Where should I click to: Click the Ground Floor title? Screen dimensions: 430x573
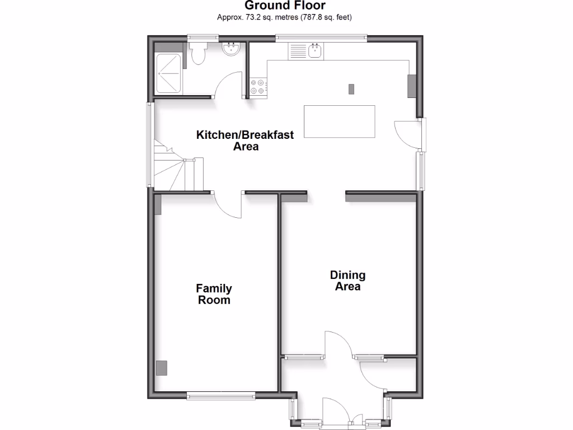coord(285,6)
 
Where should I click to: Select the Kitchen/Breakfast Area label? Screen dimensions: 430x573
coord(245,141)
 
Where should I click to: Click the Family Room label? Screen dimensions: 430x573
coord(214,294)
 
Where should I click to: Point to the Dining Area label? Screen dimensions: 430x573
coord(347,281)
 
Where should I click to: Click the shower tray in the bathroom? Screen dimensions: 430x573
coord(168,73)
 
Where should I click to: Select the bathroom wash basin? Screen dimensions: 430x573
coord(231,50)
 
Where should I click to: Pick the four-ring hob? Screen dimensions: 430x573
coord(258,86)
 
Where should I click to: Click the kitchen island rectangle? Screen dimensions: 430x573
coord(339,121)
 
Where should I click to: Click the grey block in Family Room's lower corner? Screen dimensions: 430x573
coord(161,368)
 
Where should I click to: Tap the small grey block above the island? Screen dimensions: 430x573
coord(351,88)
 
